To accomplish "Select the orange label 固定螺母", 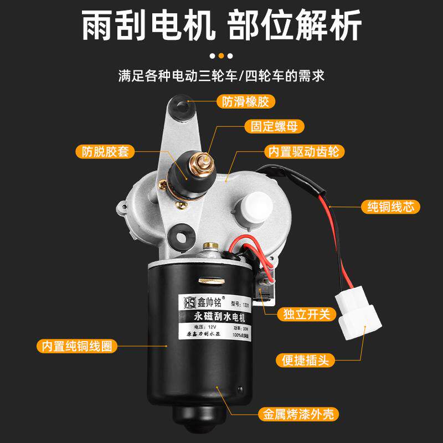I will tap(274, 126).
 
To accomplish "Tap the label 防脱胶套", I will tap(105, 151).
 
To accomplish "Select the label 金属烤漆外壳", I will tap(298, 413).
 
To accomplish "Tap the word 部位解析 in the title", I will tap(295, 25).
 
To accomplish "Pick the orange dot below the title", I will tap(221, 55).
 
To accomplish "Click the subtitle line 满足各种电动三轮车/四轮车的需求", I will tap(221, 76).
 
